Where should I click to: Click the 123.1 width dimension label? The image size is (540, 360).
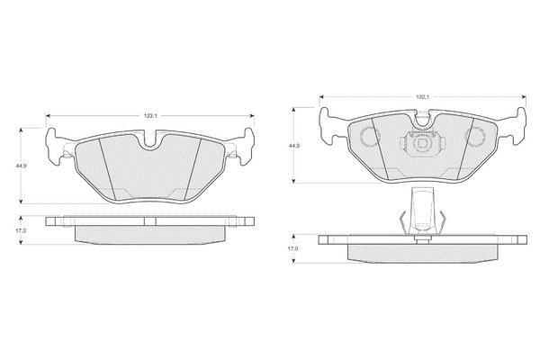(150, 116)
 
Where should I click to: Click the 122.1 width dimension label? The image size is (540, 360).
(422, 97)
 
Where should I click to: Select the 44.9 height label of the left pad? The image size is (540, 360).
(21, 166)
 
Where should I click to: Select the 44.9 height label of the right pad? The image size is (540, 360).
(293, 146)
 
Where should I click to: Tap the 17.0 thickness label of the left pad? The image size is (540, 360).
(20, 230)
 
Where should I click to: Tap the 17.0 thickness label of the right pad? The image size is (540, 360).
(292, 248)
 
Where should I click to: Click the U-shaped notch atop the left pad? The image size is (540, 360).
(150, 140)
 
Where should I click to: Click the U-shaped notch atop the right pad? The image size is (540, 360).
(423, 119)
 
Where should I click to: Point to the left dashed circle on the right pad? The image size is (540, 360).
(370, 136)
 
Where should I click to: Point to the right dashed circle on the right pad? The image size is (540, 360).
(475, 136)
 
